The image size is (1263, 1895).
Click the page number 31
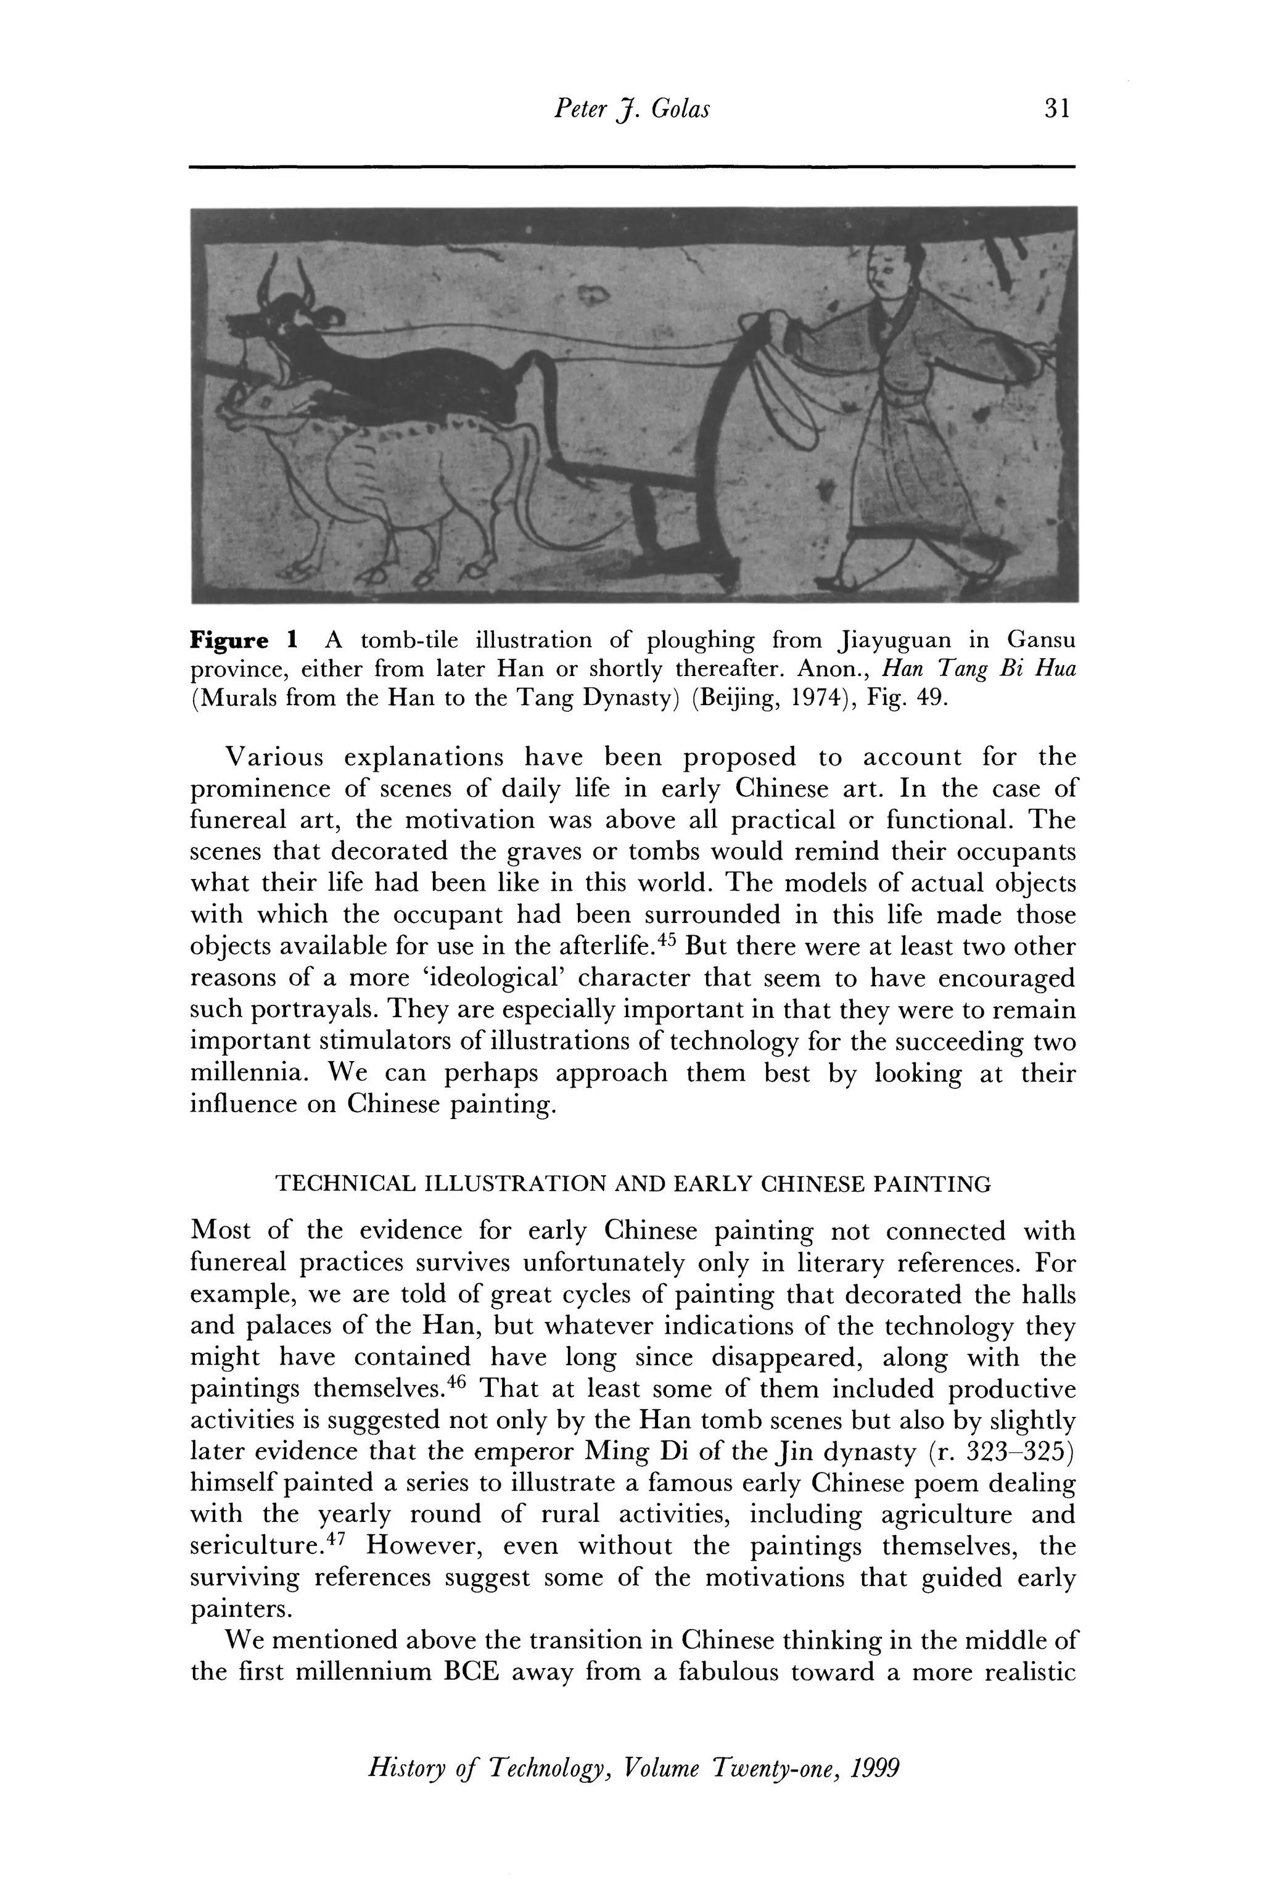tap(1056, 108)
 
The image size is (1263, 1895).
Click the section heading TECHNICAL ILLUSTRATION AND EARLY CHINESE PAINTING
tap(633, 1184)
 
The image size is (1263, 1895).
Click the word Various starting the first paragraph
tap(274, 758)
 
